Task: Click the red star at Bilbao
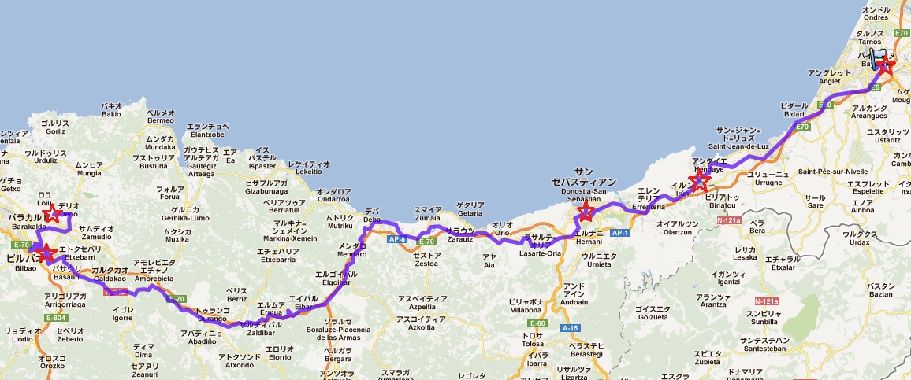(45, 253)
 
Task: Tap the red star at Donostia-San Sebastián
(586, 211)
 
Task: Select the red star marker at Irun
(698, 180)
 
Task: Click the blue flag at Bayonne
(877, 60)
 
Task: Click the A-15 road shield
(569, 327)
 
